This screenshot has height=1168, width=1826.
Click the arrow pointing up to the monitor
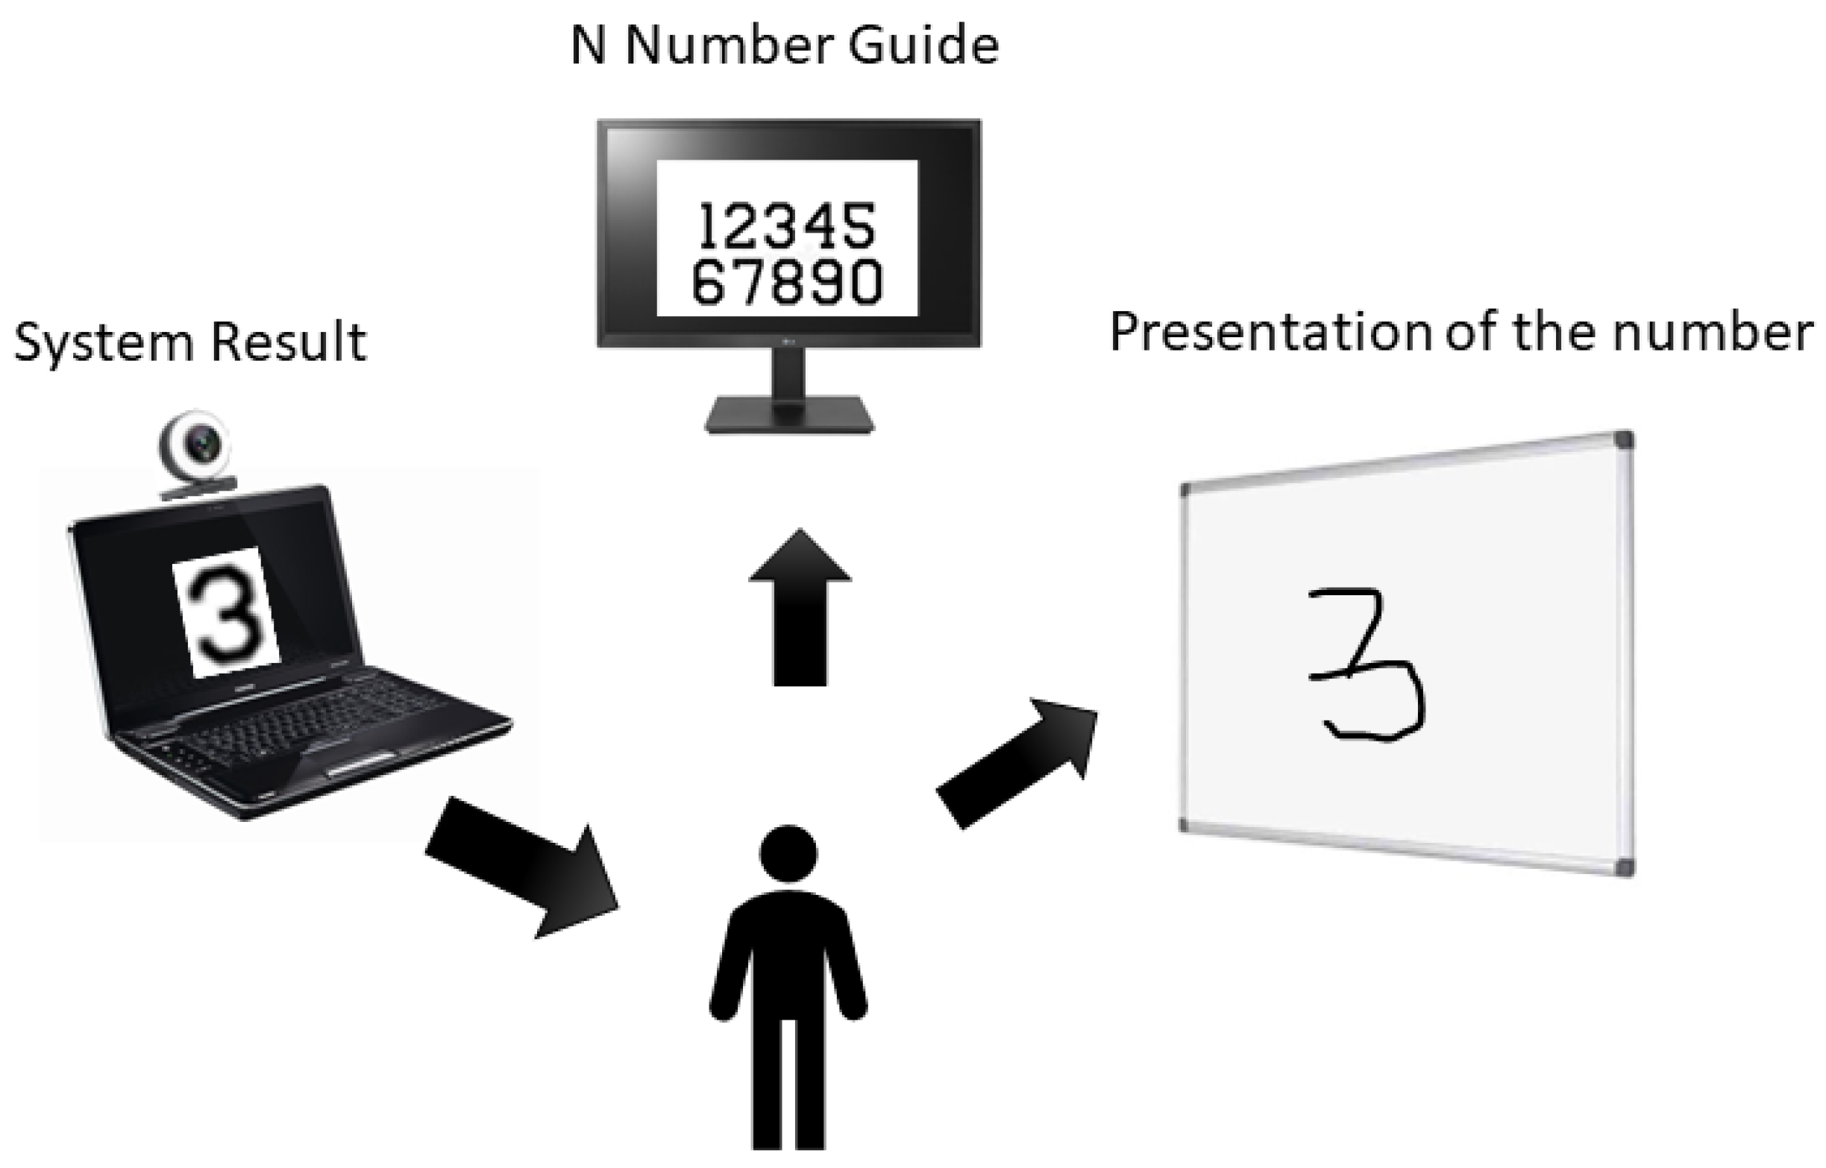pyautogui.click(x=800, y=607)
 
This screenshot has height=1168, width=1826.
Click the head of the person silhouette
pyautogui.click(x=788, y=853)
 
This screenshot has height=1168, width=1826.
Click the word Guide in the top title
pyautogui.click(x=923, y=47)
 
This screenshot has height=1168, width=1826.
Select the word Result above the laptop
pyautogui.click(x=289, y=342)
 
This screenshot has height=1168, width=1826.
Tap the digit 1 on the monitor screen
pyautogui.click(x=709, y=226)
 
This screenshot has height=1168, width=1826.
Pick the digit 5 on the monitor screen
pyautogui.click(x=859, y=226)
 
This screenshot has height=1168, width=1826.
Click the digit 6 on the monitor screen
pyautogui.click(x=709, y=282)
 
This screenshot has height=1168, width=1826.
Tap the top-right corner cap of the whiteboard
pyautogui.click(x=1623, y=441)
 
